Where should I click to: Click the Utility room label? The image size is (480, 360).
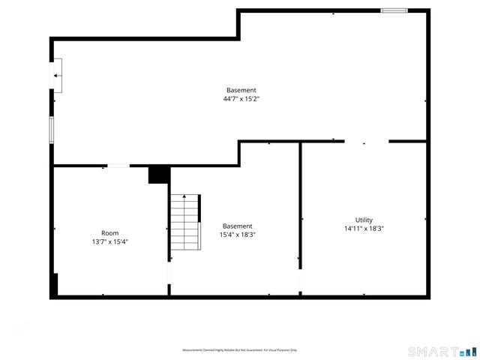point(364,220)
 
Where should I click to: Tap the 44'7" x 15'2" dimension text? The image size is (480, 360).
point(241,99)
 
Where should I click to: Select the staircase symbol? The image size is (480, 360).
point(185,223)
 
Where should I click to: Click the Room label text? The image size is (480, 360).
point(109,232)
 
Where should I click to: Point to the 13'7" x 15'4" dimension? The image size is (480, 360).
point(109,241)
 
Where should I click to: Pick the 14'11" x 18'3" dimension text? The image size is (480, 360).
point(364,229)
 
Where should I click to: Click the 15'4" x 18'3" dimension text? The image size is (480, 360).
point(237,235)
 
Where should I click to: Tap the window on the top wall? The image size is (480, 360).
point(394,10)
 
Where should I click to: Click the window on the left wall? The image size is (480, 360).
point(52,129)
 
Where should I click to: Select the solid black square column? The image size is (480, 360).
point(159,175)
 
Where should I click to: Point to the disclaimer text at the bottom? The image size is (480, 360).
point(240,350)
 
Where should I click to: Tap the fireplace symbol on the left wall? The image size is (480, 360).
point(57,76)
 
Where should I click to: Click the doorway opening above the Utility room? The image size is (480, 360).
point(367,141)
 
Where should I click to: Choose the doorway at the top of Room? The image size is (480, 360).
point(118,166)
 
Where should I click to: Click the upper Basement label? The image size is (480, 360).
point(241,90)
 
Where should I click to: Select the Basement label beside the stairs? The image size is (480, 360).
point(237,226)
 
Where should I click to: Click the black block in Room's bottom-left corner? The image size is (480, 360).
point(55,285)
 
